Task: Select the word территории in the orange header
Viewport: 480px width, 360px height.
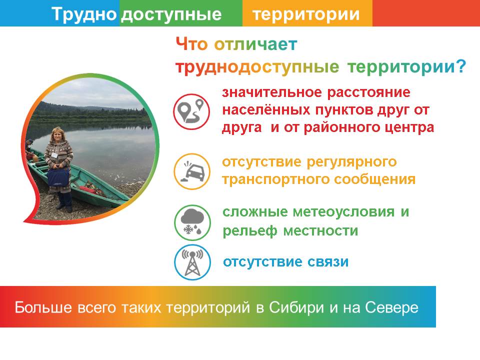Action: (x=306, y=14)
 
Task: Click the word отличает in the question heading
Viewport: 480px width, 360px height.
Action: (x=255, y=44)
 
